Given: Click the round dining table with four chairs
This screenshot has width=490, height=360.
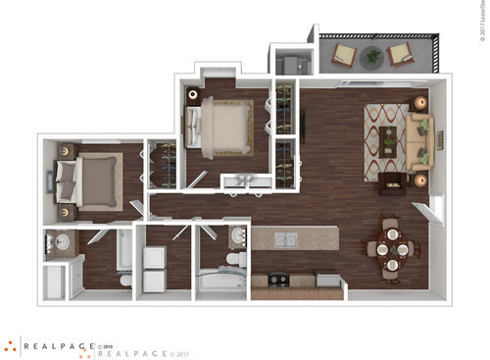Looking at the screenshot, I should tap(390, 249).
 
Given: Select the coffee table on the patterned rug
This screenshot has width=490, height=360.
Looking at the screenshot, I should tap(390, 139).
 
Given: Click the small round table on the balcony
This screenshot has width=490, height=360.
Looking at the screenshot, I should tap(372, 57).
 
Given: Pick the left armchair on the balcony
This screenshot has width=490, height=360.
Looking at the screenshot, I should tap(345, 54).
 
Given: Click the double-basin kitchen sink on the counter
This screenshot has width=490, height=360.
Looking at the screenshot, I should tap(283, 239).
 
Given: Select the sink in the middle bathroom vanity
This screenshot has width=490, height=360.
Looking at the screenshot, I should tap(239, 235).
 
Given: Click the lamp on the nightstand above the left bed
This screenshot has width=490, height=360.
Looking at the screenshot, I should tap(67, 151).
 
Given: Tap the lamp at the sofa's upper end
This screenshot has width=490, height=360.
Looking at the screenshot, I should tap(421, 102).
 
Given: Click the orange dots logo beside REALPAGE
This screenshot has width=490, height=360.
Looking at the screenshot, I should tap(10, 345).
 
